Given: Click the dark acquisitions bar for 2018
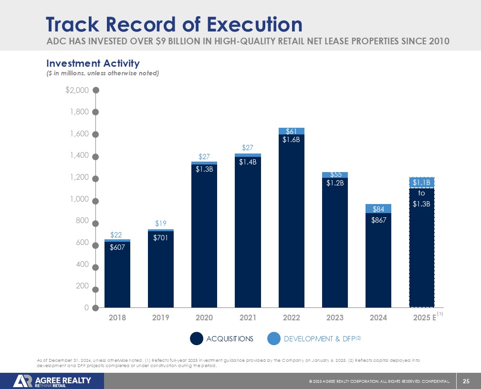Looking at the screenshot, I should click(x=117, y=276).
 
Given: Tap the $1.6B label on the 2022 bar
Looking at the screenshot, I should click(x=291, y=140).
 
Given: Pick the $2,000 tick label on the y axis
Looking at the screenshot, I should click(x=77, y=90).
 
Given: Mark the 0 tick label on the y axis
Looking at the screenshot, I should click(x=86, y=308).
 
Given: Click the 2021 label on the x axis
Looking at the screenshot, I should click(x=248, y=317).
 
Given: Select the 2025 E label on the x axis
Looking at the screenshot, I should click(x=422, y=317).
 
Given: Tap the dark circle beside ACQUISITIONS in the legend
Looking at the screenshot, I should click(x=197, y=338).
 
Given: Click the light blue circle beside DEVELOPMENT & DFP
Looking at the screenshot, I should click(x=274, y=338).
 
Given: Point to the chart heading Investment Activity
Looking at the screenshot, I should click(x=93, y=63).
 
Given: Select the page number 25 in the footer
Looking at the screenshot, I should click(x=466, y=380).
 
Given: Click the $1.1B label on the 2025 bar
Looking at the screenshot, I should click(x=422, y=182).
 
